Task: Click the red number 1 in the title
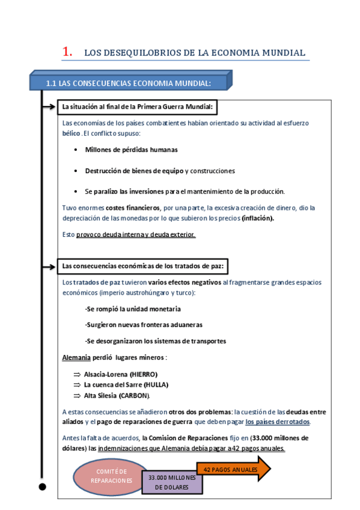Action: pyautogui.click(x=67, y=52)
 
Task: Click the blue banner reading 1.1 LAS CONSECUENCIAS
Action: pyautogui.click(x=128, y=82)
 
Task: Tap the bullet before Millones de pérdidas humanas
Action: pyautogui.click(x=75, y=149)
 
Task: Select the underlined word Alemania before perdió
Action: pyautogui.click(x=76, y=357)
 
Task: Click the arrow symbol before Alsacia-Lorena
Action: pyautogui.click(x=77, y=374)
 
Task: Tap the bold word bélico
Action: pyautogui.click(x=71, y=133)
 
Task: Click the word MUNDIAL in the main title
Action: pyautogui.click(x=283, y=53)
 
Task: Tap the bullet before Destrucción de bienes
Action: pyautogui.click(x=75, y=171)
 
